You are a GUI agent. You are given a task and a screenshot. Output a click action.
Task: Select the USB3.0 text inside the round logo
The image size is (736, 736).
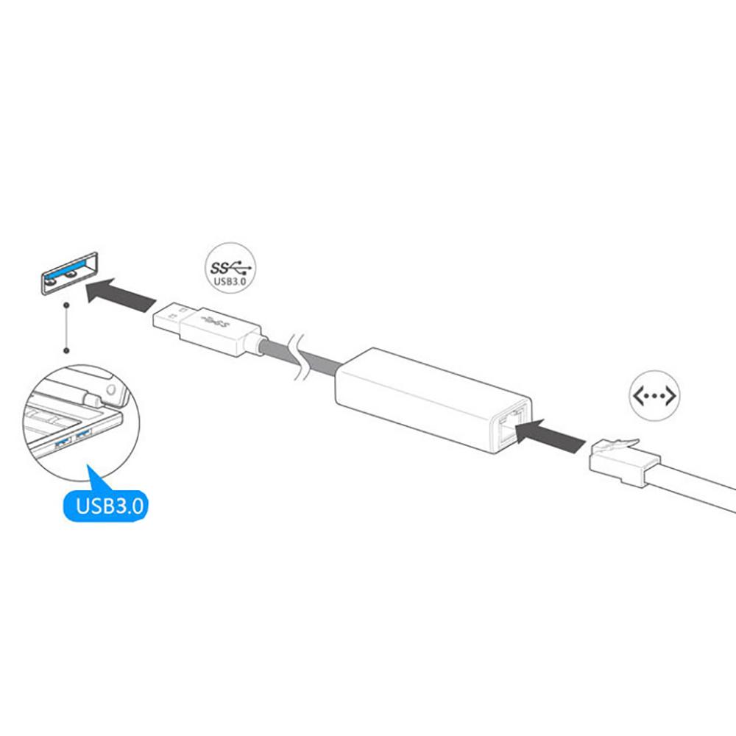tap(230, 280)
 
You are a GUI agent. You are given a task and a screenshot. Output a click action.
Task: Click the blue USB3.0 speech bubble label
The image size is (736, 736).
tap(110, 506)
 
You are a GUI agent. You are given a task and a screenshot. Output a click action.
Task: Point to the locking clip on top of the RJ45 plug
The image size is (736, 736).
tap(614, 442)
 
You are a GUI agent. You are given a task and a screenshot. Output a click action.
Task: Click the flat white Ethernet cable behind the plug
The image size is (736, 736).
tap(699, 495)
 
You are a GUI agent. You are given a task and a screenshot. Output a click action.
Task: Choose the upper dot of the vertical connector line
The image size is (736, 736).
tap(66, 304)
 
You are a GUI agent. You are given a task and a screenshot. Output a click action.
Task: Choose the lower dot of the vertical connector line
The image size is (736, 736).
tap(66, 351)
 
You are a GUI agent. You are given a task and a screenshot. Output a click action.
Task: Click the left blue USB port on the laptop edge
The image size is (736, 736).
tap(60, 441)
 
